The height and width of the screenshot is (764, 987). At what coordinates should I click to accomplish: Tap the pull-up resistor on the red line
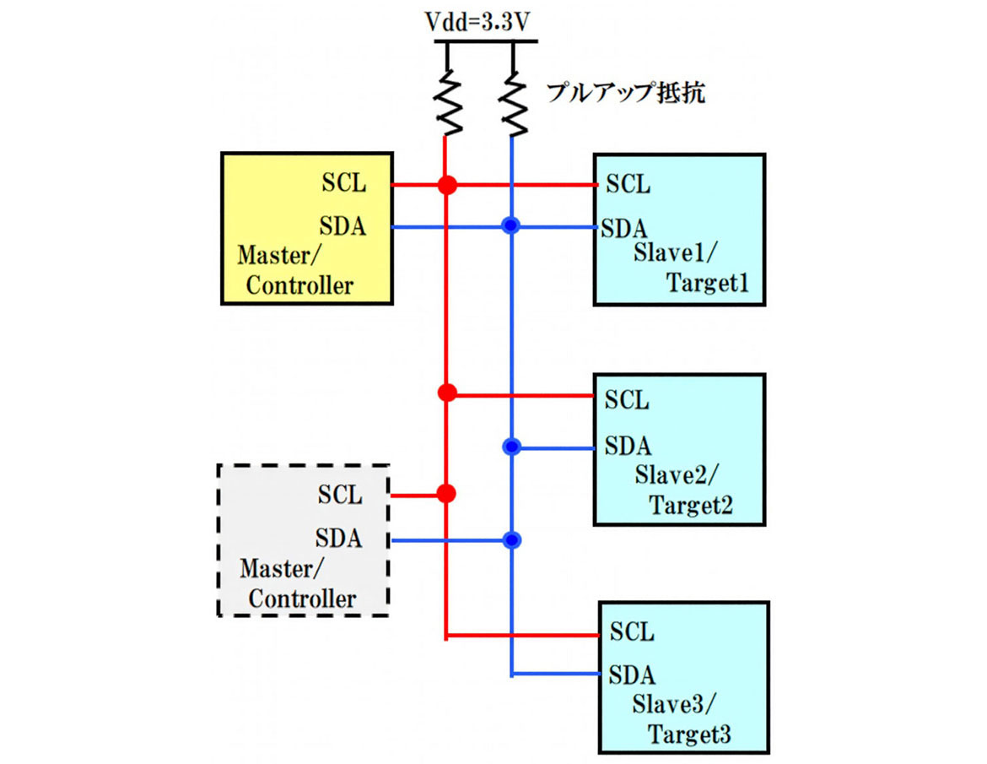(448, 101)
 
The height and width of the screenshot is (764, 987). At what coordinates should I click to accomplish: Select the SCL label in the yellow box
(344, 182)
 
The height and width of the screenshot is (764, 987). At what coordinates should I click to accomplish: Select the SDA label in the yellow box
(343, 225)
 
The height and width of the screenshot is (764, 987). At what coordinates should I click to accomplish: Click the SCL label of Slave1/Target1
(628, 184)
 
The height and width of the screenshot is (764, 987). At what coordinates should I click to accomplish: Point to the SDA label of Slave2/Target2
(628, 444)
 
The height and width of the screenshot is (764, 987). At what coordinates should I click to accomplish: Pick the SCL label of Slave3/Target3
(632, 631)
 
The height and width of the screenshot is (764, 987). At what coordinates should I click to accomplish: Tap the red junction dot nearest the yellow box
(448, 184)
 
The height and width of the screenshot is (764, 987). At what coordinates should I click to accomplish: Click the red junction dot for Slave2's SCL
(448, 392)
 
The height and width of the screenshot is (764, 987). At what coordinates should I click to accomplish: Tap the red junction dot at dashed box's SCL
(448, 492)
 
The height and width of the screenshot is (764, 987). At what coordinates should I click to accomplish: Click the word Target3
(688, 734)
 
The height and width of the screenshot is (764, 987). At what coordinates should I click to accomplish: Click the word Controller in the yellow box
(299, 285)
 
